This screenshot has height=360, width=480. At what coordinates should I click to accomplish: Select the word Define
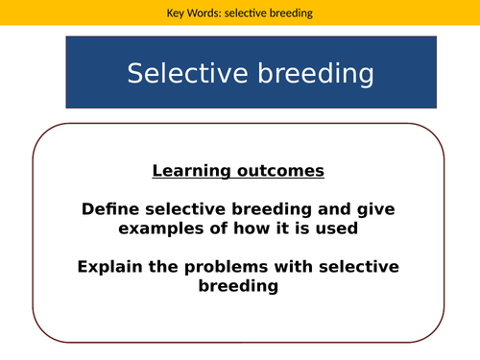[x=109, y=208]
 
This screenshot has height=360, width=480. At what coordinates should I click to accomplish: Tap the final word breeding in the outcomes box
[x=238, y=285]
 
